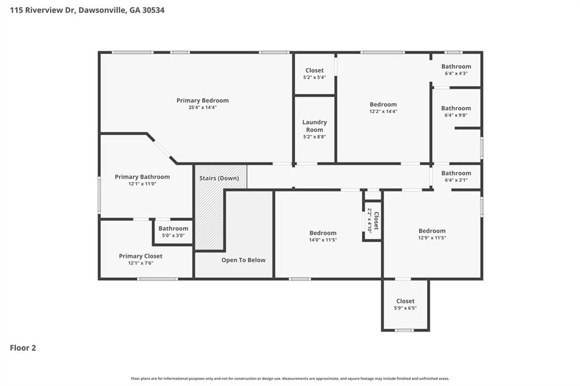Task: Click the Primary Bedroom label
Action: point(202,100)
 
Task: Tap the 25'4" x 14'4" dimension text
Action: point(202,108)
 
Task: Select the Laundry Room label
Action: point(314,126)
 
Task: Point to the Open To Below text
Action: point(243,260)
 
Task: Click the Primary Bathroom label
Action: point(142,177)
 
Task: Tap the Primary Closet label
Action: point(140,256)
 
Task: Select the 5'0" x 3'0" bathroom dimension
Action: point(173,235)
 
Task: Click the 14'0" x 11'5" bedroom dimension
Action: point(323,240)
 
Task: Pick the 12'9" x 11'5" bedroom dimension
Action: point(432,238)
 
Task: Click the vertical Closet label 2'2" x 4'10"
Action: point(373,220)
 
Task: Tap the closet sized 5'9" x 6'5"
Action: point(405,304)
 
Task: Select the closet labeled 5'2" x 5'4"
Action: point(314,74)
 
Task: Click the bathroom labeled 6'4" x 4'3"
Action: point(456,70)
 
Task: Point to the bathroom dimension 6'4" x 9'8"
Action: point(456,115)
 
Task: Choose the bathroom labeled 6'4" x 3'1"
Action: point(456,177)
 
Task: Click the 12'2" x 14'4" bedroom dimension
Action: point(383,111)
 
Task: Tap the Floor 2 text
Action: point(23,348)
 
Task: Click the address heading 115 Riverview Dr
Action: point(83,10)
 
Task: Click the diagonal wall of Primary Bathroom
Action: point(162,148)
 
